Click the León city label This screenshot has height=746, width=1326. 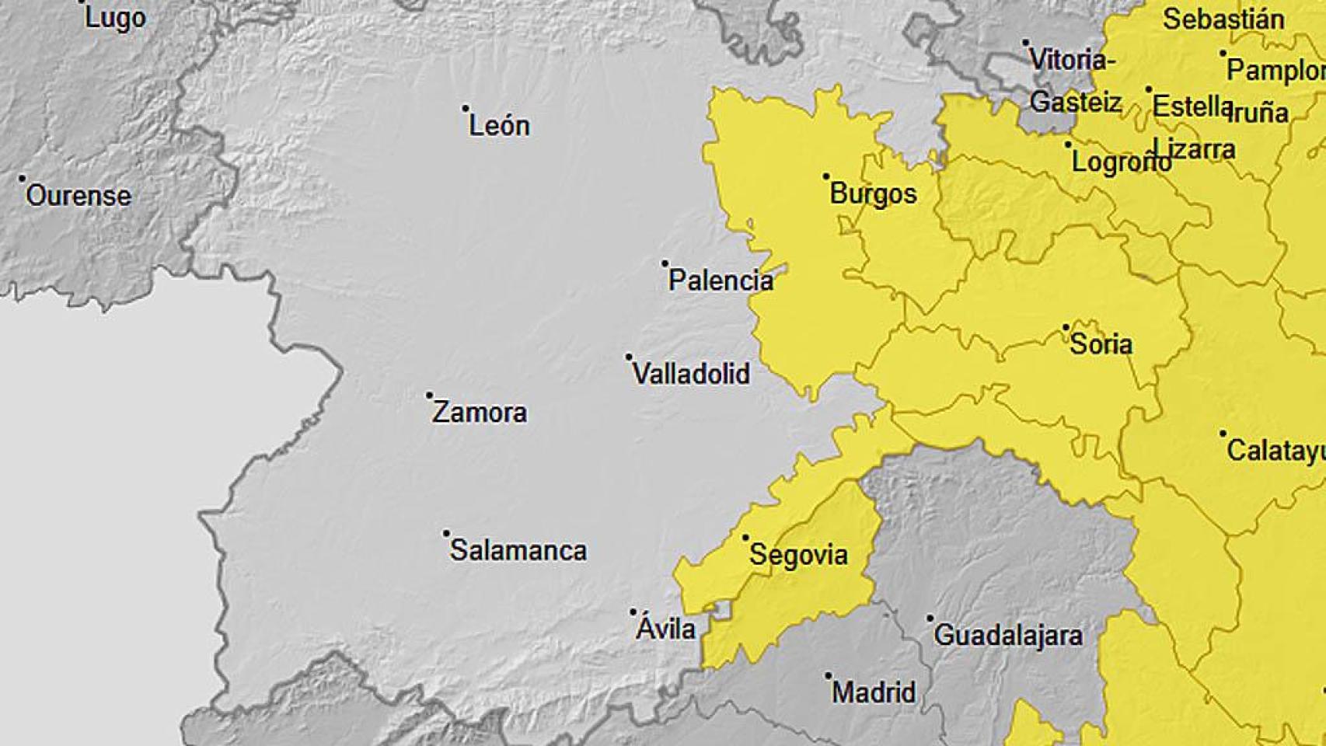pos(499,126)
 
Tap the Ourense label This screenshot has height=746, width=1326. pos(79,196)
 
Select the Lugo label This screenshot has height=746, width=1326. pos(115,18)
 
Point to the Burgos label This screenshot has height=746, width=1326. pos(874,193)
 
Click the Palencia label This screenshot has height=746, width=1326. pos(721,281)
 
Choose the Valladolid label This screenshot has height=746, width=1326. pos(691,374)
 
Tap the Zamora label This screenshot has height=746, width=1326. pos(480,412)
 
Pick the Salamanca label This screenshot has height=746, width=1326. pos(518,550)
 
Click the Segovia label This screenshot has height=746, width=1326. pos(798,555)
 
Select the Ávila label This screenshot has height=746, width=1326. pos(666,628)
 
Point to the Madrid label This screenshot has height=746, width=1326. pos(874,692)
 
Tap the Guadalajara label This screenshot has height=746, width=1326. pos(1008,635)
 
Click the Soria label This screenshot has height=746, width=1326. pos(1101,344)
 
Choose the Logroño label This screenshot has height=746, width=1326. pos(1122,162)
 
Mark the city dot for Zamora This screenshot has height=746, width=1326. pos(429,396)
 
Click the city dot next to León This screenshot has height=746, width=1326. pos(466,109)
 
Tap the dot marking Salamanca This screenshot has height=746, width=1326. pos(446,534)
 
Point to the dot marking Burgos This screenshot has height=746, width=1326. pos(826,176)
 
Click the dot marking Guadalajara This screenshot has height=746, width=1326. pos(930,619)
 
